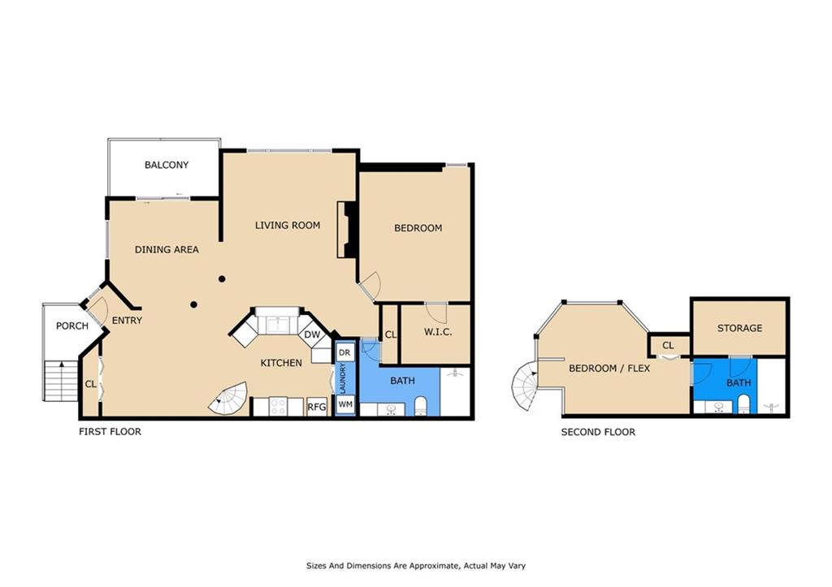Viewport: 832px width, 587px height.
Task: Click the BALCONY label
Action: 167,165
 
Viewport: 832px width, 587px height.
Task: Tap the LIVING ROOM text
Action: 288,225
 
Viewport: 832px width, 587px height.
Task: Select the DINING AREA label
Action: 167,249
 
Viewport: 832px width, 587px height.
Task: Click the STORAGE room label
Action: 739,328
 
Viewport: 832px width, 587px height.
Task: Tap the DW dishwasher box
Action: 312,335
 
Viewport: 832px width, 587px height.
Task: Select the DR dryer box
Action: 344,352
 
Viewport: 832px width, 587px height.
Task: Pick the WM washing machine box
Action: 345,404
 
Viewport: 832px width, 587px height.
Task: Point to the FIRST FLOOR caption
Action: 110,432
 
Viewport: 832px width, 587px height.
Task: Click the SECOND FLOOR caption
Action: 598,432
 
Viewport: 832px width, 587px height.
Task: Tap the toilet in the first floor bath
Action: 421,406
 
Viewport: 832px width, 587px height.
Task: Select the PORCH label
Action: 71,326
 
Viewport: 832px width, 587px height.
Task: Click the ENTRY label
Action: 127,321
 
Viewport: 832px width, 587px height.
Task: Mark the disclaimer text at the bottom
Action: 420,566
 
